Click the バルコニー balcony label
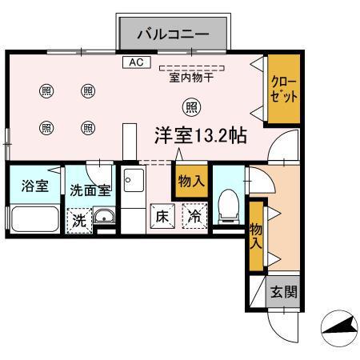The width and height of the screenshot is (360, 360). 173,34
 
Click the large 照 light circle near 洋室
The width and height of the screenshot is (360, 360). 190,106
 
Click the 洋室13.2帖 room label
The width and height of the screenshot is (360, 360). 200,135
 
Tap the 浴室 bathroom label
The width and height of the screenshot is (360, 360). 34,186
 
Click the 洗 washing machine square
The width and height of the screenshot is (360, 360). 79,218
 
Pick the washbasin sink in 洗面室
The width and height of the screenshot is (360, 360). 104,215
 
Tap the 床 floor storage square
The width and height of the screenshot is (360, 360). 162,216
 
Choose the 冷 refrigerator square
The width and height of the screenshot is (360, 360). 194,216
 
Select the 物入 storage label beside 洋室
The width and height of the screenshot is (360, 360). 190,182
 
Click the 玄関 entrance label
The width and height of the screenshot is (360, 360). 282,292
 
